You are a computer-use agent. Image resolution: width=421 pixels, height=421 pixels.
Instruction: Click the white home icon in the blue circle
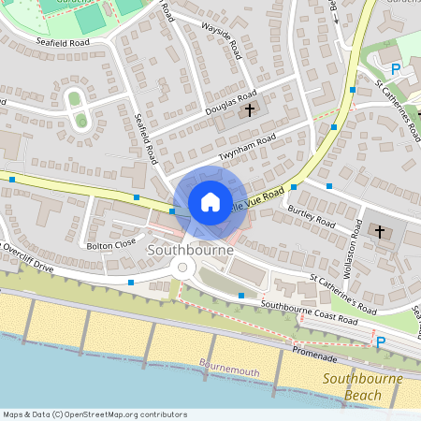pyautogui.click(x=210, y=202)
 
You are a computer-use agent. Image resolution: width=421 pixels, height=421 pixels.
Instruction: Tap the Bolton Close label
pyautogui.click(x=110, y=245)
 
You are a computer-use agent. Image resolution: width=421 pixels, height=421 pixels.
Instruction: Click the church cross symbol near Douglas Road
pyautogui.click(x=250, y=110)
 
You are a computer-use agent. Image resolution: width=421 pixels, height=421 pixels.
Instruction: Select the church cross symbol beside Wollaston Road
pyautogui.click(x=380, y=230)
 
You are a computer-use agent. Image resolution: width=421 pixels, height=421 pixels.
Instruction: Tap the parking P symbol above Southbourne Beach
pyautogui.click(x=380, y=343)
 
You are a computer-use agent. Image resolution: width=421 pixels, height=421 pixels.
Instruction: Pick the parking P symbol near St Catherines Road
pyautogui.click(x=395, y=68)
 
